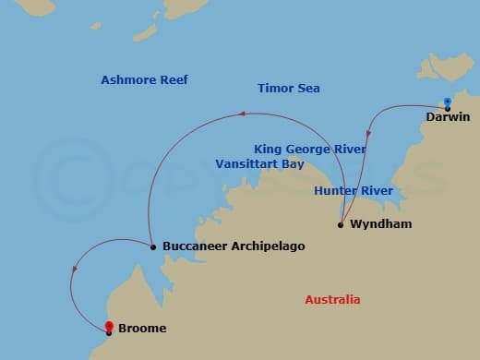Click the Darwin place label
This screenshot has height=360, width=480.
[x=448, y=116]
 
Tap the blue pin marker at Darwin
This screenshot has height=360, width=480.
[x=447, y=102]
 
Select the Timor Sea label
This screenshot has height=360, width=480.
[x=289, y=89]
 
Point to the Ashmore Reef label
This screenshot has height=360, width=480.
[x=144, y=80]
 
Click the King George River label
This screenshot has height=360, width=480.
[x=310, y=149]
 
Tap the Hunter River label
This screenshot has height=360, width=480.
[x=354, y=191]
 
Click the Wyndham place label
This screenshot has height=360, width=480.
[x=380, y=224]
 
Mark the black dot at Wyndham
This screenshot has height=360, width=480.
[x=341, y=224]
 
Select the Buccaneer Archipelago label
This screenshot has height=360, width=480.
[x=233, y=246]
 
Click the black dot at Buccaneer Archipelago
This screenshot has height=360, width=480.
[x=152, y=246]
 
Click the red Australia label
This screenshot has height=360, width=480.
[x=332, y=300]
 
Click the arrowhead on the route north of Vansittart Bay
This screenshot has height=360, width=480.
[x=242, y=114]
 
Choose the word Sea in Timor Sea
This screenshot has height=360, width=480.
[x=307, y=89]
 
